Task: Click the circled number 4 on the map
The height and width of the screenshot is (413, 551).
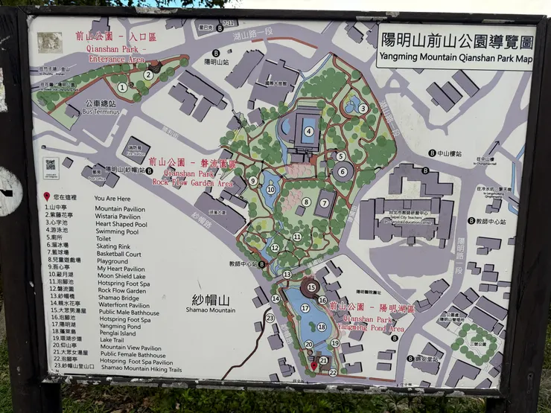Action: tap(308, 132)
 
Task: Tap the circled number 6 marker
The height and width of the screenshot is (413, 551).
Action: tap(343, 172)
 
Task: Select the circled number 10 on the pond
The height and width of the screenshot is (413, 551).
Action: tap(271, 191)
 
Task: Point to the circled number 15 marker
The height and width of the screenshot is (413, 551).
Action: tap(310, 286)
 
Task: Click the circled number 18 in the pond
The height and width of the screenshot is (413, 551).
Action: tap(322, 326)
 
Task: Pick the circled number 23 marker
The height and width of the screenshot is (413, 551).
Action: tap(270, 318)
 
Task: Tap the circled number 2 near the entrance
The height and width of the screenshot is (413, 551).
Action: tap(149, 74)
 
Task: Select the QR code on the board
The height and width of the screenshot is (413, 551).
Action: tap(51, 164)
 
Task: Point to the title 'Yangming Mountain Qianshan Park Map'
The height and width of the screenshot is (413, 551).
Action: tap(456, 57)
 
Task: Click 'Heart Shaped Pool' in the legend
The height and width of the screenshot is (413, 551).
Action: tap(121, 224)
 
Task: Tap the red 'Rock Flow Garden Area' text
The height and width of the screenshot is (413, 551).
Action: tap(193, 182)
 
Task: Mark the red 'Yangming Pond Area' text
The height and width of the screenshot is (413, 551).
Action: tap(370, 328)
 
